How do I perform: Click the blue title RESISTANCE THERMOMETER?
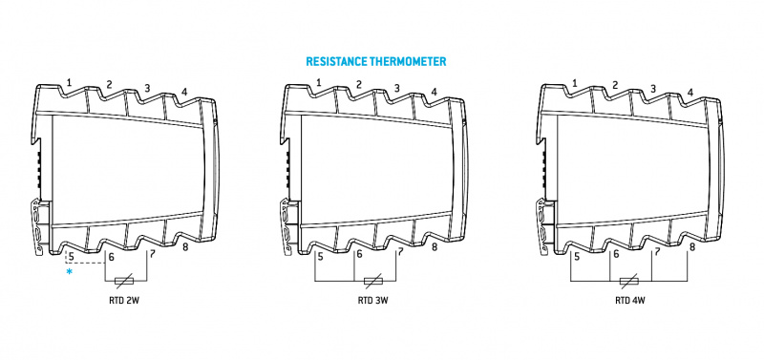point(375,61)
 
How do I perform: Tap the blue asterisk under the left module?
point(69,271)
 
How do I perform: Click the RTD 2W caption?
point(124,300)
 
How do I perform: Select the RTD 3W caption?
point(373,300)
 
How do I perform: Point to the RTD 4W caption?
point(630,300)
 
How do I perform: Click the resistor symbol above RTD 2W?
point(125,281)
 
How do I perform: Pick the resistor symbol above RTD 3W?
point(373,281)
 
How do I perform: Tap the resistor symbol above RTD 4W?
point(631,281)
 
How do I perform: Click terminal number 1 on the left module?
point(69,83)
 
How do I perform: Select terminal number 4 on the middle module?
point(434,92)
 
